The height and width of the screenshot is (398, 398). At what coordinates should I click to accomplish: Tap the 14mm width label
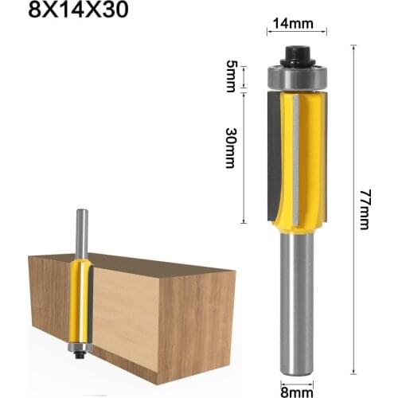pos(296,22)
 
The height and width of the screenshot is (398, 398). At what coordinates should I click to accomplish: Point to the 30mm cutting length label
pos(231,147)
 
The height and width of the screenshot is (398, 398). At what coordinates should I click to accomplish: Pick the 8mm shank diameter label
pos(295,388)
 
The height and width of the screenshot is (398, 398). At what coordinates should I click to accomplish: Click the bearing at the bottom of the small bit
pos(78,348)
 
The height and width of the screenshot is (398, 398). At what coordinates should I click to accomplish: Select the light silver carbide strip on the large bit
pos(295,159)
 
